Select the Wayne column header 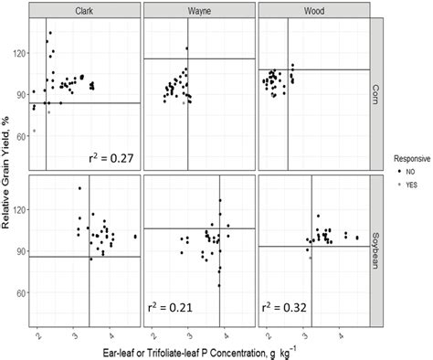[x=199, y=10]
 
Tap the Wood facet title [x=314, y=10]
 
